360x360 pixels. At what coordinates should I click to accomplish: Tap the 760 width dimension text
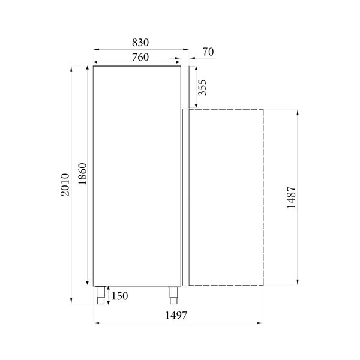coord(139,57)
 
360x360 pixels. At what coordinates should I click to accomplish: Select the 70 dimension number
coord(208,53)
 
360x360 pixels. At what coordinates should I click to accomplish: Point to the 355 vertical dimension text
coord(203,88)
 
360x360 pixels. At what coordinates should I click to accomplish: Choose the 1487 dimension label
coord(291,197)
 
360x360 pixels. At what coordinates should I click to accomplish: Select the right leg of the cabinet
coord(174,295)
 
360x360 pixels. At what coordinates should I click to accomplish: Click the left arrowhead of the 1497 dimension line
coord(96,323)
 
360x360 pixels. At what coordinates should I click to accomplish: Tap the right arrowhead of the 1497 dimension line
coord(262,323)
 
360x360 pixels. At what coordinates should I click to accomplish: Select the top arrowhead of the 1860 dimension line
coord(89,68)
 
